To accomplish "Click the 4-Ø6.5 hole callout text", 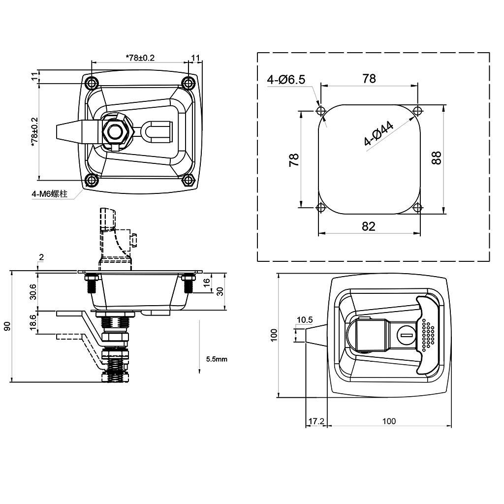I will [286, 79].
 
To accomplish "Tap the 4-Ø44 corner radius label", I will [378, 134].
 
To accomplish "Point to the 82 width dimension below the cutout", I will [368, 226].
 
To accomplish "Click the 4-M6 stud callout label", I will [49, 194].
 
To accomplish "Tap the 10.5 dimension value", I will [305, 320].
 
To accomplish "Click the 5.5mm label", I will [217, 359].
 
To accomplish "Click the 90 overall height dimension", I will [7, 326].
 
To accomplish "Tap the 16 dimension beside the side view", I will [207, 282].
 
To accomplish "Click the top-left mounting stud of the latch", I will [91, 82].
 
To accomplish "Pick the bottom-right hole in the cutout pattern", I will [417, 208].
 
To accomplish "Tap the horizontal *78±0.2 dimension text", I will [140, 58].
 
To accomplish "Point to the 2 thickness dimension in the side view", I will [41, 257].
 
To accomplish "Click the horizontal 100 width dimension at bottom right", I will [389, 421].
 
